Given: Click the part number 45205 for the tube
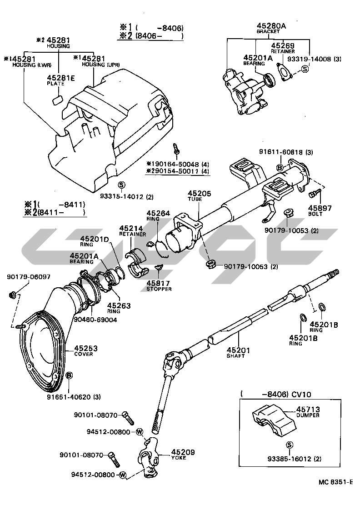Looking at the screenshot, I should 200,194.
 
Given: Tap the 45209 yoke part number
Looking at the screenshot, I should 183,452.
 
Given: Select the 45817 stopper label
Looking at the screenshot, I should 158,283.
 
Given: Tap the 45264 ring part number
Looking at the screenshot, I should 157,213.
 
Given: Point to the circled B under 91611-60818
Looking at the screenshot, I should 280,168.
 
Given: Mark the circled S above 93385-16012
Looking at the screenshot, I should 288,445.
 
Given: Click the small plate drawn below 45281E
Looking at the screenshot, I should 57,100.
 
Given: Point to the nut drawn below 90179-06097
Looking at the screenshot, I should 12,296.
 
